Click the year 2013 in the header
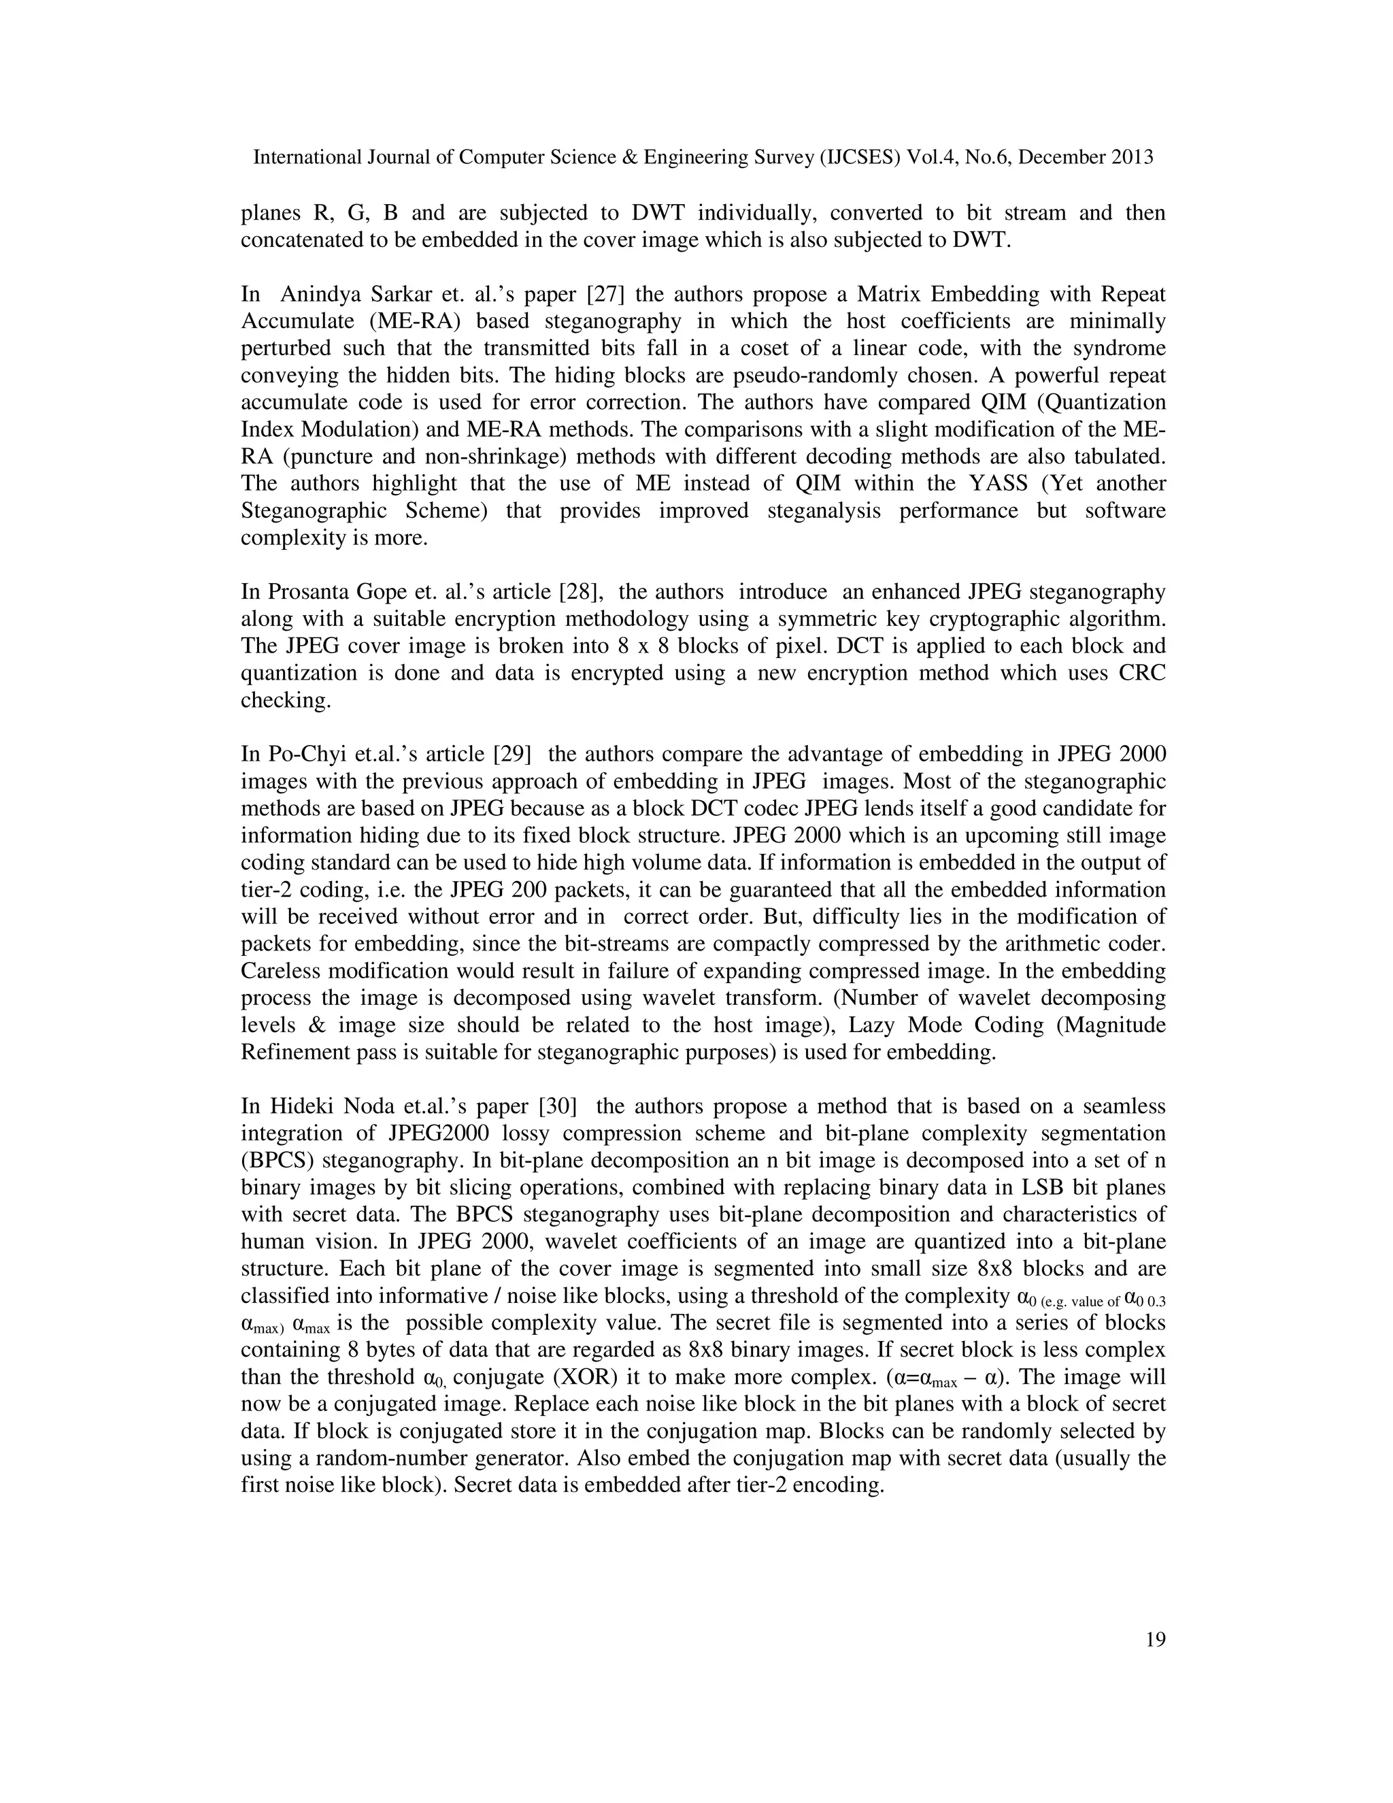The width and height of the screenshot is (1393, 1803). (1130, 158)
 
